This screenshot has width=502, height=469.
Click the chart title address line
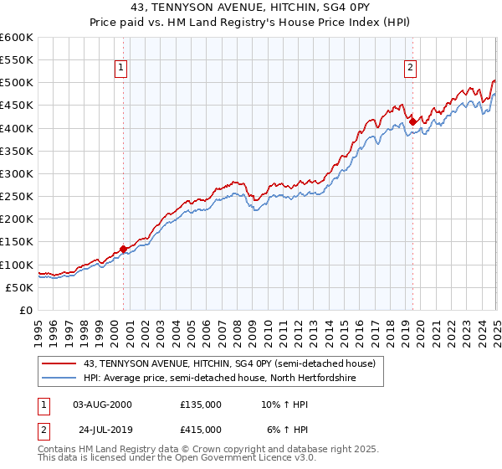pyautogui.click(x=251, y=8)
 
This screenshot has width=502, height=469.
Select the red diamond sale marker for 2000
pyautogui.click(x=123, y=249)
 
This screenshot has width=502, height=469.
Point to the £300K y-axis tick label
pyautogui.click(x=16, y=173)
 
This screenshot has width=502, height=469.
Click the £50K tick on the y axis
pyautogui.click(x=19, y=287)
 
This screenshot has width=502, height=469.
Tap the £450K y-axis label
pyautogui.click(x=16, y=106)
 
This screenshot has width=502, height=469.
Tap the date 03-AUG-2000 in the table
pyautogui.click(x=102, y=404)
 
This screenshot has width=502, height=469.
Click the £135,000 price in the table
pyautogui.click(x=201, y=404)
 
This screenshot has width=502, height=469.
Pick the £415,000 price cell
pyautogui.click(x=201, y=430)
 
